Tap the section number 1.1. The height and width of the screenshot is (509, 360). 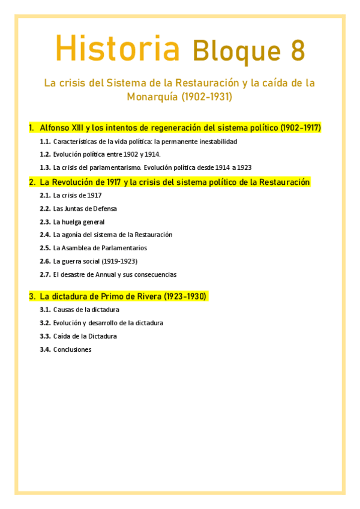[x=45, y=142]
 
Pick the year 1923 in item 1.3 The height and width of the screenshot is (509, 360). [x=244, y=168]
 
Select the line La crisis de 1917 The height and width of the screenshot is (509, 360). [x=77, y=195]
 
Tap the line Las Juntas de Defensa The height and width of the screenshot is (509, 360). [x=85, y=208]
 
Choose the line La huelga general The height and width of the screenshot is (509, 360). [x=79, y=221]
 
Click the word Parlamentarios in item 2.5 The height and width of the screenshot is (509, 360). [x=124, y=248]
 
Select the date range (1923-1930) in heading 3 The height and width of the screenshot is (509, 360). [x=185, y=297]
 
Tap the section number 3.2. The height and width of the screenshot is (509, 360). [x=45, y=323]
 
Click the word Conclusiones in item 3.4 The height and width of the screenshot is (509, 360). [x=72, y=349]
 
